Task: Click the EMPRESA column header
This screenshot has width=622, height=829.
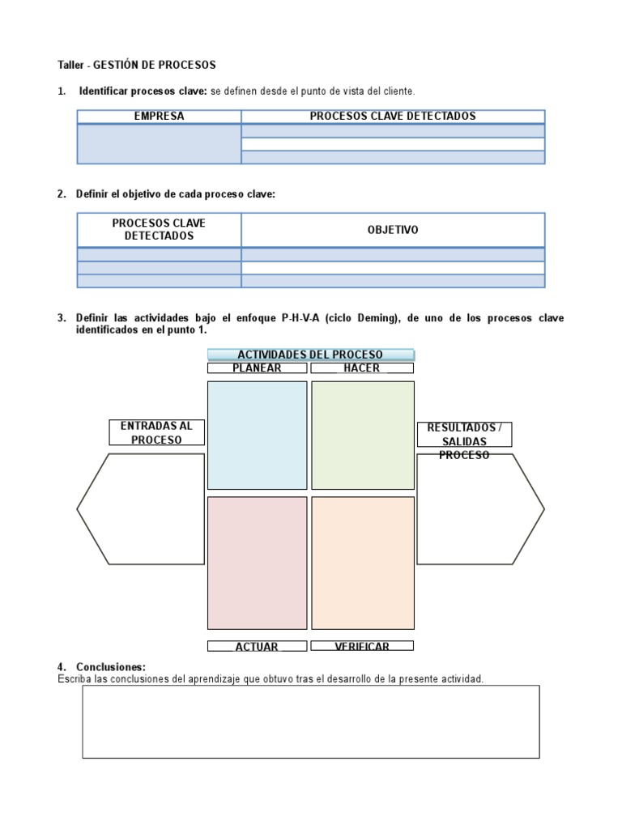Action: click(x=160, y=117)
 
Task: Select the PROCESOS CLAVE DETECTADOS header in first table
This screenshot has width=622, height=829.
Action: click(x=393, y=117)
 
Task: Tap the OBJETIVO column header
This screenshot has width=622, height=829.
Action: click(x=393, y=230)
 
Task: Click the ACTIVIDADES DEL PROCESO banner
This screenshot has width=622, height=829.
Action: click(x=311, y=355)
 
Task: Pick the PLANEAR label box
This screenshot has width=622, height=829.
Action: click(x=258, y=368)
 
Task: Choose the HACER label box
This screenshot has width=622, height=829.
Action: click(x=361, y=368)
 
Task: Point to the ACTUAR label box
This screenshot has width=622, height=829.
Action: click(x=258, y=646)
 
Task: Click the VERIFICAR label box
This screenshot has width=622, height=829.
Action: click(x=361, y=646)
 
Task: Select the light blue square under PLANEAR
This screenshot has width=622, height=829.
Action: click(x=258, y=435)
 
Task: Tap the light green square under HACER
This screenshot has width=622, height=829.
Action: click(x=362, y=435)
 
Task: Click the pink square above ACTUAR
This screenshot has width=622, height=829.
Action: click(x=258, y=563)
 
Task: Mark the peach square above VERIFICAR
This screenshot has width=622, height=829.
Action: click(x=362, y=563)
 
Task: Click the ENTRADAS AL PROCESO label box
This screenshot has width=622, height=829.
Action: click(x=156, y=432)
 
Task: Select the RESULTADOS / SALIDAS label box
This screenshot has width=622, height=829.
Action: click(x=464, y=435)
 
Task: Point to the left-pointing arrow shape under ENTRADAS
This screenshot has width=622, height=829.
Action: click(x=141, y=509)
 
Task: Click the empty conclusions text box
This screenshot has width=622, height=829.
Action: click(x=311, y=721)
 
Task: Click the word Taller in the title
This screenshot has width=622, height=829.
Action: click(x=70, y=65)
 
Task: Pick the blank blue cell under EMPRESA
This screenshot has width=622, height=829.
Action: click(x=160, y=144)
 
